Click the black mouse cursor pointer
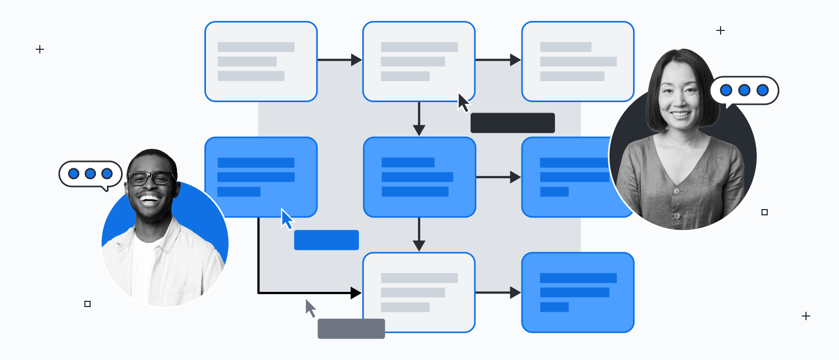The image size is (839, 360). pyautogui.click(x=463, y=103)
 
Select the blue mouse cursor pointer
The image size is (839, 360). pyautogui.click(x=287, y=219)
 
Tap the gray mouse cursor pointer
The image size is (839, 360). pyautogui.click(x=310, y=308)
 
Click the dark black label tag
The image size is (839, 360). pyautogui.click(x=512, y=123)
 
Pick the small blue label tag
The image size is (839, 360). pyautogui.click(x=326, y=240)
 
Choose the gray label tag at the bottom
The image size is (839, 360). pyautogui.click(x=351, y=329)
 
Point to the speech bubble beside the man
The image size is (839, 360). pyautogui.click(x=90, y=174)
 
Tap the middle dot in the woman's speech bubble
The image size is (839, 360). pyautogui.click(x=744, y=90)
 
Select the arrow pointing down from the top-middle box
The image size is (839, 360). pyautogui.click(x=419, y=119)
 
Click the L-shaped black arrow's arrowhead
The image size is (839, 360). pyautogui.click(x=356, y=293)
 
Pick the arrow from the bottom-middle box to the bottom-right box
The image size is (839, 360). pyautogui.click(x=498, y=292)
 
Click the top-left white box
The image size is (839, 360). pyautogui.click(x=260, y=61)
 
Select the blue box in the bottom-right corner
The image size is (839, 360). pyautogui.click(x=578, y=292)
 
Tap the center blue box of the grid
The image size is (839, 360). pyautogui.click(x=419, y=177)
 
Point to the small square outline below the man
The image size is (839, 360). pyautogui.click(x=88, y=304)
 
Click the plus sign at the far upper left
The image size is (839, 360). pyautogui.click(x=40, y=49)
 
